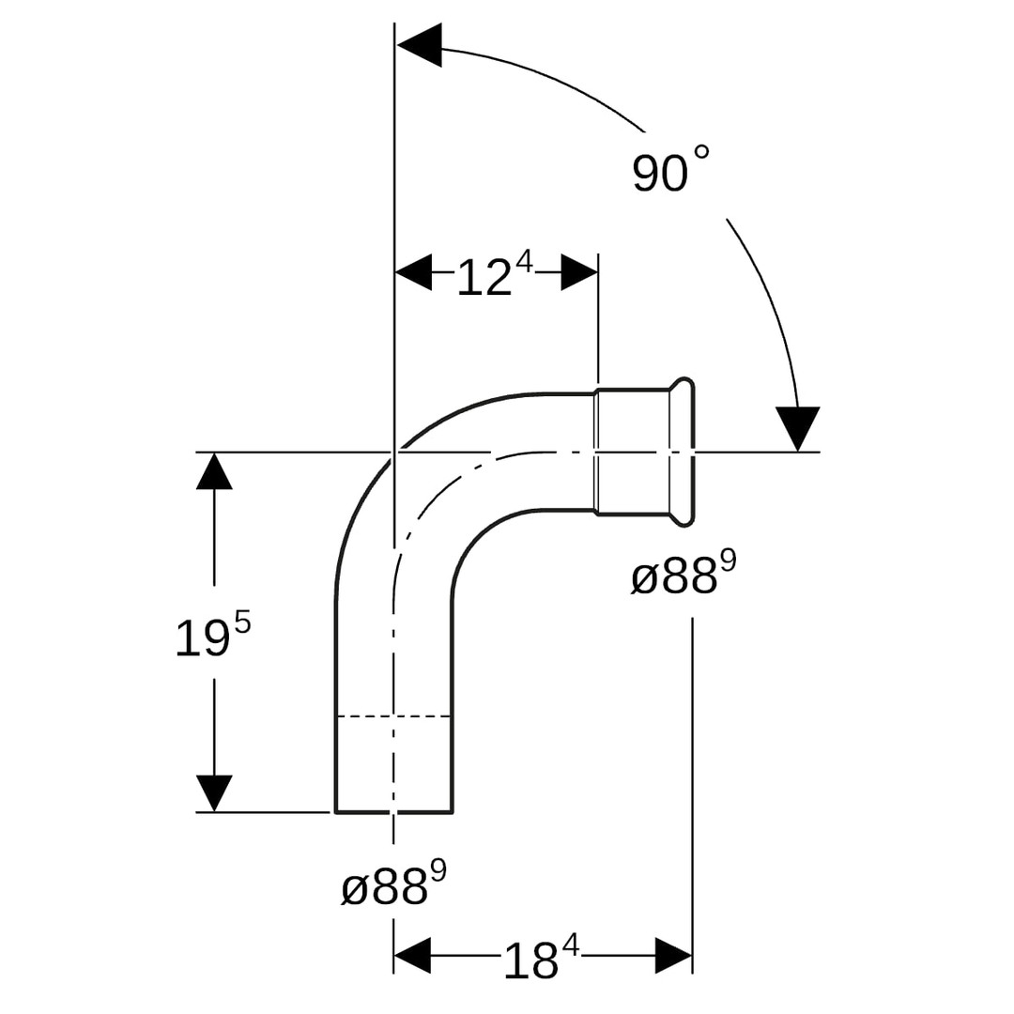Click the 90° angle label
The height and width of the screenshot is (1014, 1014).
[670, 169]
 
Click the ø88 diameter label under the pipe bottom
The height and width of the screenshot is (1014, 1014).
[393, 883]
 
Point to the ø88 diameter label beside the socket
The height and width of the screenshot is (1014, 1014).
[684, 573]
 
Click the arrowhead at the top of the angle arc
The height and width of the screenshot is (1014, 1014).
[419, 45]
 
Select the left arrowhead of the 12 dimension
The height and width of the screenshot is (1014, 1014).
[413, 272]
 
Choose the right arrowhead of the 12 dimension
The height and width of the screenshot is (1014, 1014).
[579, 272]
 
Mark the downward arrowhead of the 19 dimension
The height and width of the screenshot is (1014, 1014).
[214, 793]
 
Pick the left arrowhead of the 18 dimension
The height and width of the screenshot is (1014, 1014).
[412, 955]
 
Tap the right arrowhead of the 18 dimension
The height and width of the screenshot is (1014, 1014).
[674, 955]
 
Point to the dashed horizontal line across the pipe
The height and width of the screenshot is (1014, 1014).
[393, 715]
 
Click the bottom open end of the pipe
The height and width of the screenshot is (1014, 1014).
[393, 811]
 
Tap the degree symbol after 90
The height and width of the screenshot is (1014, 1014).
[701, 153]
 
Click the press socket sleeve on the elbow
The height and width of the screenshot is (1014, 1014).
[633, 452]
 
